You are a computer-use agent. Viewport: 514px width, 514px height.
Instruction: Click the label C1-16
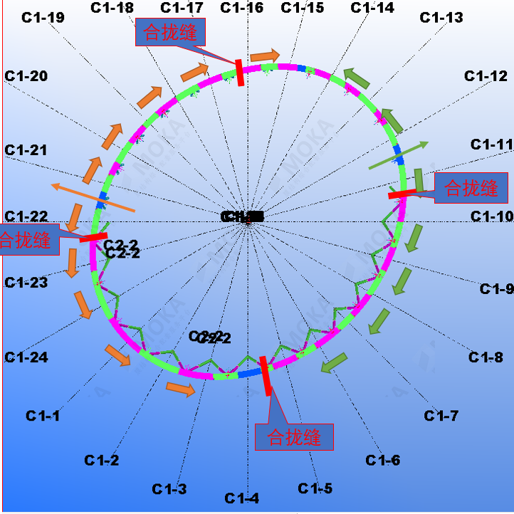(241, 9)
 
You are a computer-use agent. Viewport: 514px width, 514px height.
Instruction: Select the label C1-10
(491, 216)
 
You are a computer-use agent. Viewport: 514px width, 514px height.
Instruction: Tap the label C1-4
(242, 498)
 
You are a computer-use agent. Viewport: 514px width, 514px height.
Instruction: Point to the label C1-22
(26, 216)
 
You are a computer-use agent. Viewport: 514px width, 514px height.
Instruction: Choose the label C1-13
(441, 18)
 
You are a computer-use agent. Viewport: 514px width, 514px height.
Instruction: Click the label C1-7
(441, 416)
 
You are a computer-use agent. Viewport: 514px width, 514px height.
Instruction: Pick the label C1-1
(43, 416)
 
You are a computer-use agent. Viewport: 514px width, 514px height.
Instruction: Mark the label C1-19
(43, 18)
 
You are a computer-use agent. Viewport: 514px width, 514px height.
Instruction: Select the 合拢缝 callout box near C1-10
(471, 188)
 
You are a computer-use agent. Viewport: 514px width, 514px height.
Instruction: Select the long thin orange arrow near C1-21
(93, 198)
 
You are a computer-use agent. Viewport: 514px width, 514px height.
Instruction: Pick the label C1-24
(26, 357)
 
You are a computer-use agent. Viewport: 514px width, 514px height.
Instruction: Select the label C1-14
(372, 9)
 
